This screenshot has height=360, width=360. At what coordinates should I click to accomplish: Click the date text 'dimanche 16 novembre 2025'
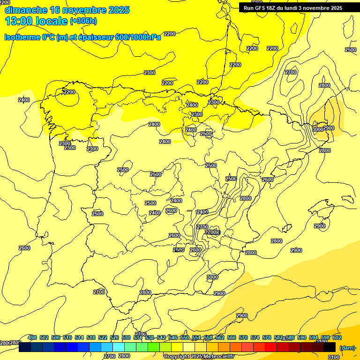[x=67, y=10]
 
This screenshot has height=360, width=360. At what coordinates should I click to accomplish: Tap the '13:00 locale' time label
[x=36, y=21]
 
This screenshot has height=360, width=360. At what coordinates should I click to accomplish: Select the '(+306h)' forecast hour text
[x=83, y=21]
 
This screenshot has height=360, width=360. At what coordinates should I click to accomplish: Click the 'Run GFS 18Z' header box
[x=293, y=7]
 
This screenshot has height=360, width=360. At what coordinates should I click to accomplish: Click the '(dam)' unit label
[x=347, y=347]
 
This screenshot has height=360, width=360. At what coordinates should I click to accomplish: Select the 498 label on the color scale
[x=32, y=337]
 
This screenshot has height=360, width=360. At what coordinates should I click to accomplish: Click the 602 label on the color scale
[x=337, y=337]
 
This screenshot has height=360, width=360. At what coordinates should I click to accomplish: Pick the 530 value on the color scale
[x=126, y=337]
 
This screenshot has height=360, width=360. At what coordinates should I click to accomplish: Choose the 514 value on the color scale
[x=79, y=337]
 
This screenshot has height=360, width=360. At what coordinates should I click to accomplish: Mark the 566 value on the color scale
[x=232, y=337]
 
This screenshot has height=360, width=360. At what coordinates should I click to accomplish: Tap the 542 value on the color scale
[x=161, y=337]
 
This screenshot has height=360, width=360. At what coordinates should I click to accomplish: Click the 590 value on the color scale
[x=302, y=337]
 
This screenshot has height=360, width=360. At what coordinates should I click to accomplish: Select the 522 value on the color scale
[x=103, y=337]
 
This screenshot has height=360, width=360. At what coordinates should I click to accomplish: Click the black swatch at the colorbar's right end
[x=330, y=347]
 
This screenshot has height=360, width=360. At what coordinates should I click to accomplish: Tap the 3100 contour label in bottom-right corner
[x=333, y=357]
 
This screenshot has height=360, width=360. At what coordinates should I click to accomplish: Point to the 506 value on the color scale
[x=56, y=337]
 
